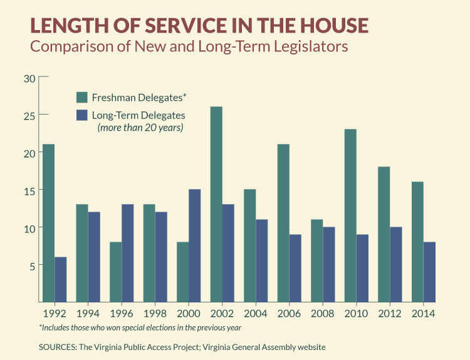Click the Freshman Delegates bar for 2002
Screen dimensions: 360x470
(x=216, y=204)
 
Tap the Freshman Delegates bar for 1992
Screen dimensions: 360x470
(x=48, y=223)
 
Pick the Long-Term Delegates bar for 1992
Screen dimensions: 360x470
(x=60, y=279)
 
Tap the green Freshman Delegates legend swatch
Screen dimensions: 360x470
(x=81, y=97)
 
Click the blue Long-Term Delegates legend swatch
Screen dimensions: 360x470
(x=81, y=116)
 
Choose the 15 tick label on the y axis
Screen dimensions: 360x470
(x=29, y=190)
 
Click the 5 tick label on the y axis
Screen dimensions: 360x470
(x=32, y=264)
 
